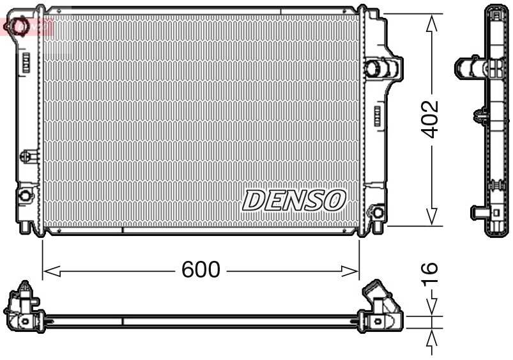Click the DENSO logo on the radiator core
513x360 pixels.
(294, 200)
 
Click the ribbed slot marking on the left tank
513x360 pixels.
(26, 63)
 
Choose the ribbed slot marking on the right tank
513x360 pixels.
(376, 117)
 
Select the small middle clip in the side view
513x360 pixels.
(482, 116)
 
